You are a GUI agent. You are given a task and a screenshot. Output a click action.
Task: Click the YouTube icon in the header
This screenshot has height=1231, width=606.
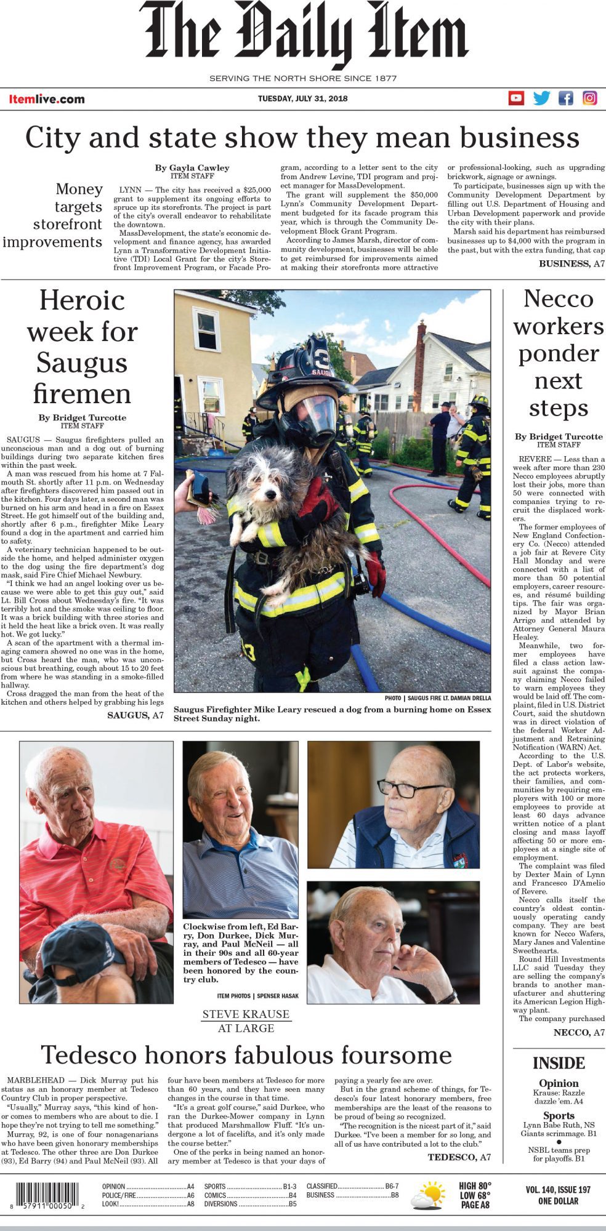point(516,98)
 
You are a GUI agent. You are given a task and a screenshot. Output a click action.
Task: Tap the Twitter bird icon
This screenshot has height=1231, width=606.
point(541,98)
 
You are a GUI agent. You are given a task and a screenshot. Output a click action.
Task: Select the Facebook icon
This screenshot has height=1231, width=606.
point(565,98)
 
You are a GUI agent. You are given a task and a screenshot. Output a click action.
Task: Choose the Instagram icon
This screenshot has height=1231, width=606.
point(590,98)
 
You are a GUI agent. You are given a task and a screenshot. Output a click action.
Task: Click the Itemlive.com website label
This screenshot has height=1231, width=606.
point(47,99)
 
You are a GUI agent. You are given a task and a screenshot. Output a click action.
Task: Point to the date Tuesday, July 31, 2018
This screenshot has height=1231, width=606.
point(302,98)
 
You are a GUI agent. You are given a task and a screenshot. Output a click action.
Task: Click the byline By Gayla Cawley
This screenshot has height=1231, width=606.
point(192,167)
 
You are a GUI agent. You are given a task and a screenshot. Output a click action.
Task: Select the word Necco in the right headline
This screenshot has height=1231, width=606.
point(559,299)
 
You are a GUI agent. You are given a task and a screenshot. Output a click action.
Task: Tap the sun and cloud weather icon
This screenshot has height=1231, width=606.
point(428,1197)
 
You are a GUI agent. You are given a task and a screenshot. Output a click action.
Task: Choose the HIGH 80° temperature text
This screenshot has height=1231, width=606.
point(475,1186)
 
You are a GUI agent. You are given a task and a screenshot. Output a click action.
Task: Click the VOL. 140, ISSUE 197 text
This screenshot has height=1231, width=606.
point(558,1190)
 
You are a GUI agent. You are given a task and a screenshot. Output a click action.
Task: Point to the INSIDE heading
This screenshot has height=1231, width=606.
point(559,1063)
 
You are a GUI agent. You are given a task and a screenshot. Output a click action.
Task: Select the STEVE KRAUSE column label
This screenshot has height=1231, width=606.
point(246,1014)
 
